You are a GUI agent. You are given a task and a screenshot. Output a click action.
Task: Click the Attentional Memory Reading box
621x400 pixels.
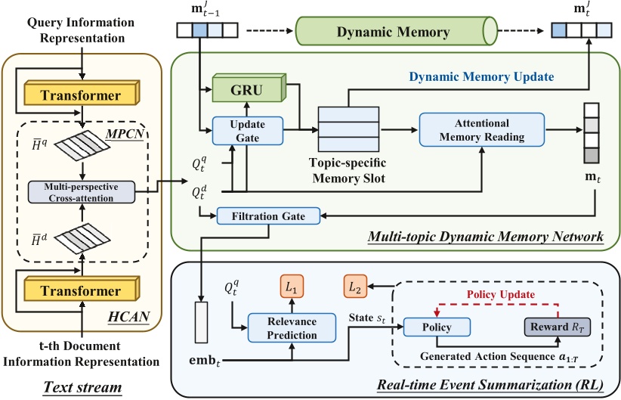pos(481,129)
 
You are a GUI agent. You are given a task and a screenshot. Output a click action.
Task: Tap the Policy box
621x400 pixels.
pos(436,327)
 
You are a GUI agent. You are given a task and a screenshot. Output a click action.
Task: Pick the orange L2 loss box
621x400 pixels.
pos(354,287)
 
